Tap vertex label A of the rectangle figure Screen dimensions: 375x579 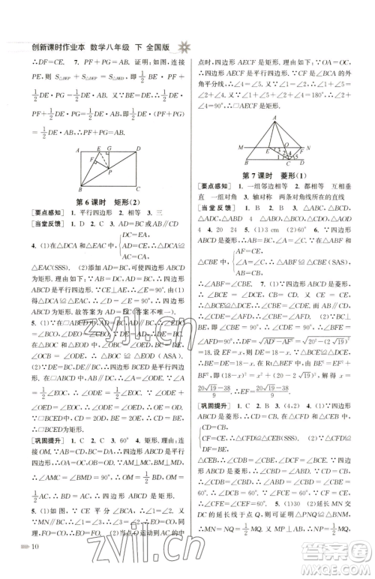78,149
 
